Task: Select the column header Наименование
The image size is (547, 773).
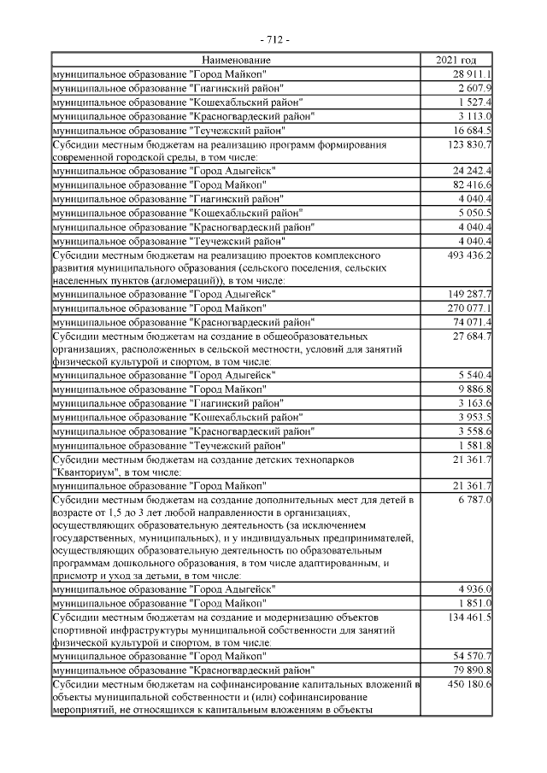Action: click(x=237, y=60)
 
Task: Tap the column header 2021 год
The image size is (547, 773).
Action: click(x=456, y=60)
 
